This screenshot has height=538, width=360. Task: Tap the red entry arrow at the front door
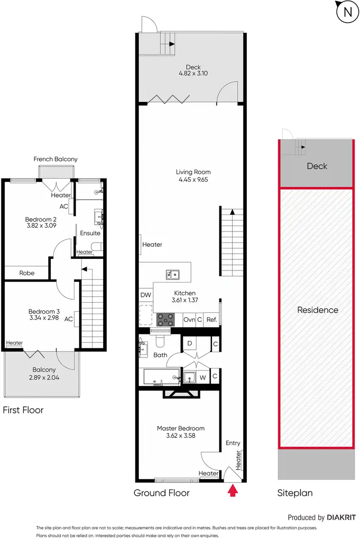tap(233, 490)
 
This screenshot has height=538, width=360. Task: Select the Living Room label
tap(193, 172)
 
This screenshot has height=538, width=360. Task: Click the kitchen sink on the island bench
tap(173, 275)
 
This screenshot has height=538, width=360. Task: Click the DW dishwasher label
tap(145, 295)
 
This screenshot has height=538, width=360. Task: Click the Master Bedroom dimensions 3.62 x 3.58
tap(180, 436)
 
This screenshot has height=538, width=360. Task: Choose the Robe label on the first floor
tap(27, 272)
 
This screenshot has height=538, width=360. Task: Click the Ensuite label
tap(90, 233)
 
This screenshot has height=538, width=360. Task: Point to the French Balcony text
tap(55, 159)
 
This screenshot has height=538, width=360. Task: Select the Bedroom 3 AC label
tap(69, 318)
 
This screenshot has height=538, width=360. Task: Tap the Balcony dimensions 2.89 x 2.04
tap(44, 378)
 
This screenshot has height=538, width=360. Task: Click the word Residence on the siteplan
tap(317, 310)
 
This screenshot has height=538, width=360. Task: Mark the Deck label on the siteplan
tap(317, 166)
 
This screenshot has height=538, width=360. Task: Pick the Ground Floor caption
tap(161, 493)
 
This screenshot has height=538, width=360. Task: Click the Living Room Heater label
tap(152, 245)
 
